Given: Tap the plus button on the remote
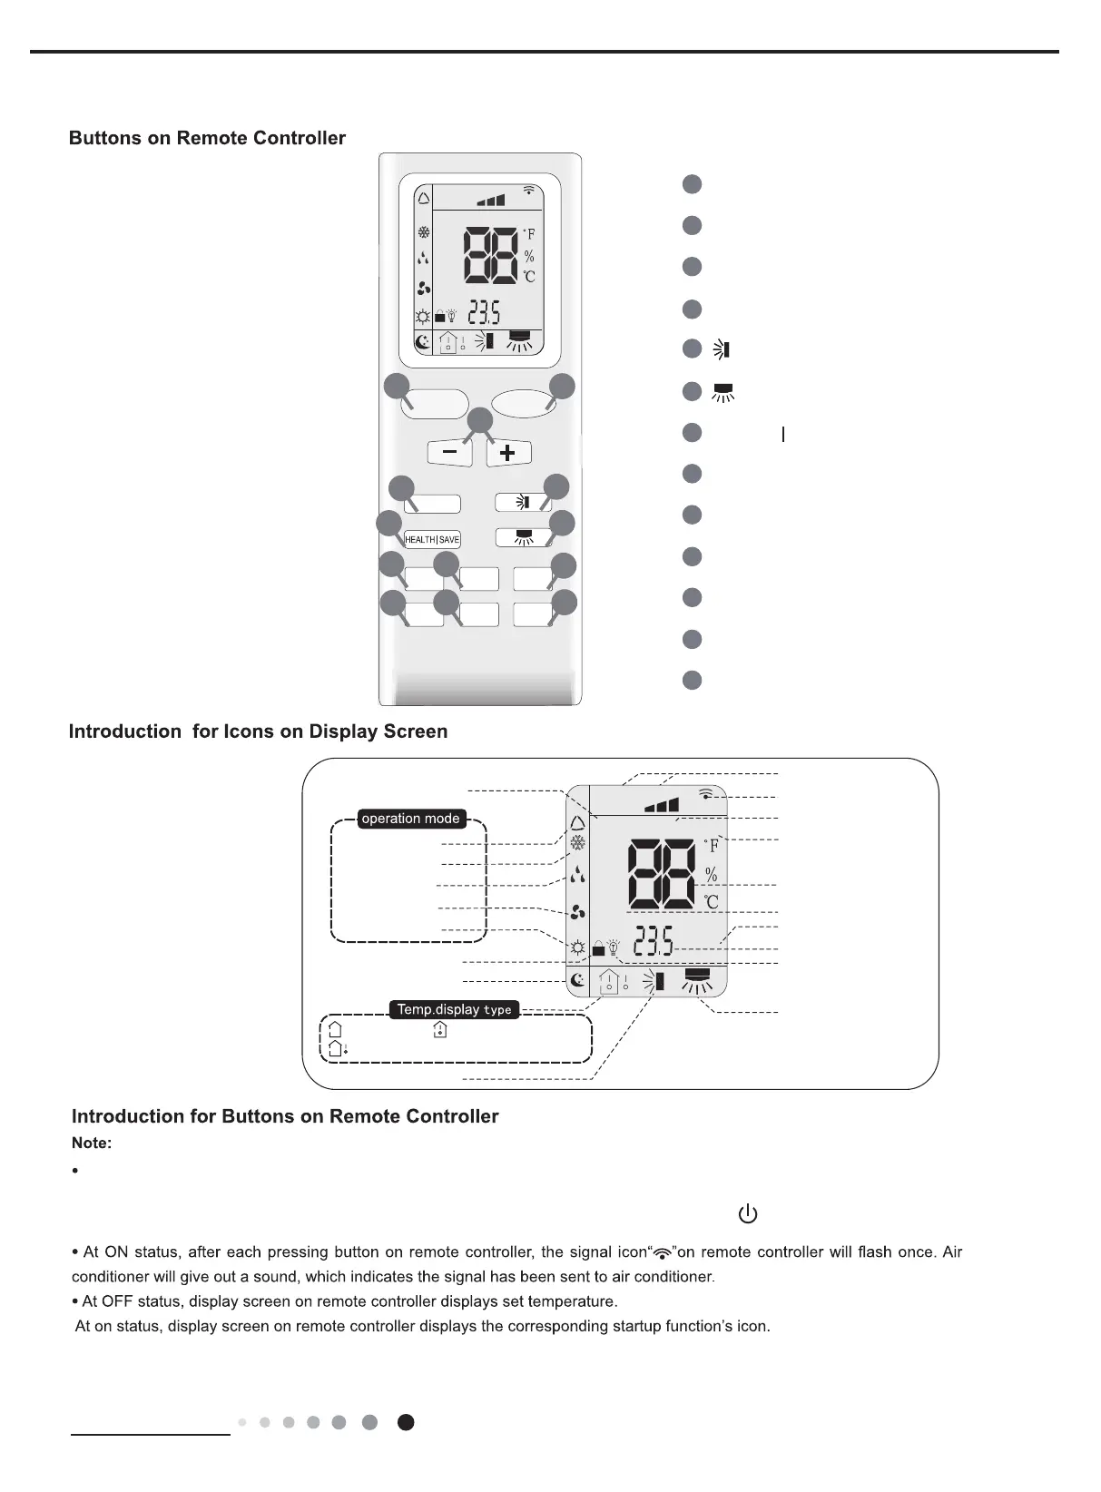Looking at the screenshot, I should coord(508,453).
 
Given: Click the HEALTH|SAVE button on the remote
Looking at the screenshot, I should coord(432,539).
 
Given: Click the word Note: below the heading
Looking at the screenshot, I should coord(92,1144).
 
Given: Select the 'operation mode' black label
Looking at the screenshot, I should coord(410,819).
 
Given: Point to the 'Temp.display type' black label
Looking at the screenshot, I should coord(454,1009).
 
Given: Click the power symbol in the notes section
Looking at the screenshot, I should coord(748,1213).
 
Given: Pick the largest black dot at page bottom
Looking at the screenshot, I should coord(406,1422).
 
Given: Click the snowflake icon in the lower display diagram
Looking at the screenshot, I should coord(577,843).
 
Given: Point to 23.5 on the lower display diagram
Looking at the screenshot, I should coord(654,942).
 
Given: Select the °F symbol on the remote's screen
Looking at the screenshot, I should coord(529,233).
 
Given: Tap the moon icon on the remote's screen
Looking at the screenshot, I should coord(423,342).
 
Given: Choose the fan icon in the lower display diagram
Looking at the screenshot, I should coord(577,913).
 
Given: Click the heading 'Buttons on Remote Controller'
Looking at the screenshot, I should coord(207,138).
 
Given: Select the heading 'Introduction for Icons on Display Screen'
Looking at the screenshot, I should coord(258,731).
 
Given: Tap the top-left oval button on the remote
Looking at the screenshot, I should coord(436,404).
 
